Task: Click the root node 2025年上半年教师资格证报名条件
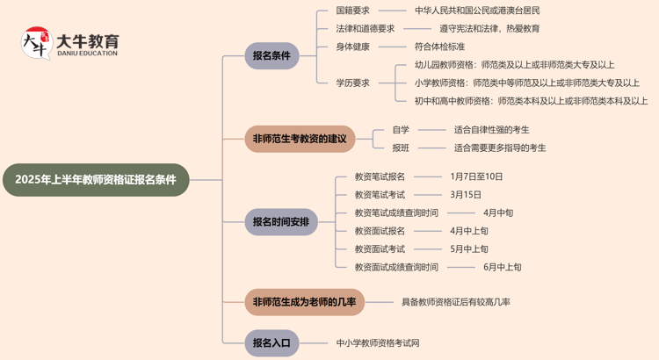click(96, 179)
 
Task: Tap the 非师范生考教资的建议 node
click(300, 139)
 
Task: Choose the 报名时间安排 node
click(280, 221)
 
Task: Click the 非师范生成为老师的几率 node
click(304, 302)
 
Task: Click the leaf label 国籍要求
click(352, 11)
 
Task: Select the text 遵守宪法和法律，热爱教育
click(489, 28)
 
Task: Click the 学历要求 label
click(352, 83)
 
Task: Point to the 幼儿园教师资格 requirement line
click(514, 65)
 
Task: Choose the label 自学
click(400, 130)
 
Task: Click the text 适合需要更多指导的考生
click(500, 148)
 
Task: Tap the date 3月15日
click(466, 194)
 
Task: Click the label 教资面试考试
click(380, 248)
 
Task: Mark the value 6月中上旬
click(502, 267)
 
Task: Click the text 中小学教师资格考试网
click(378, 342)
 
